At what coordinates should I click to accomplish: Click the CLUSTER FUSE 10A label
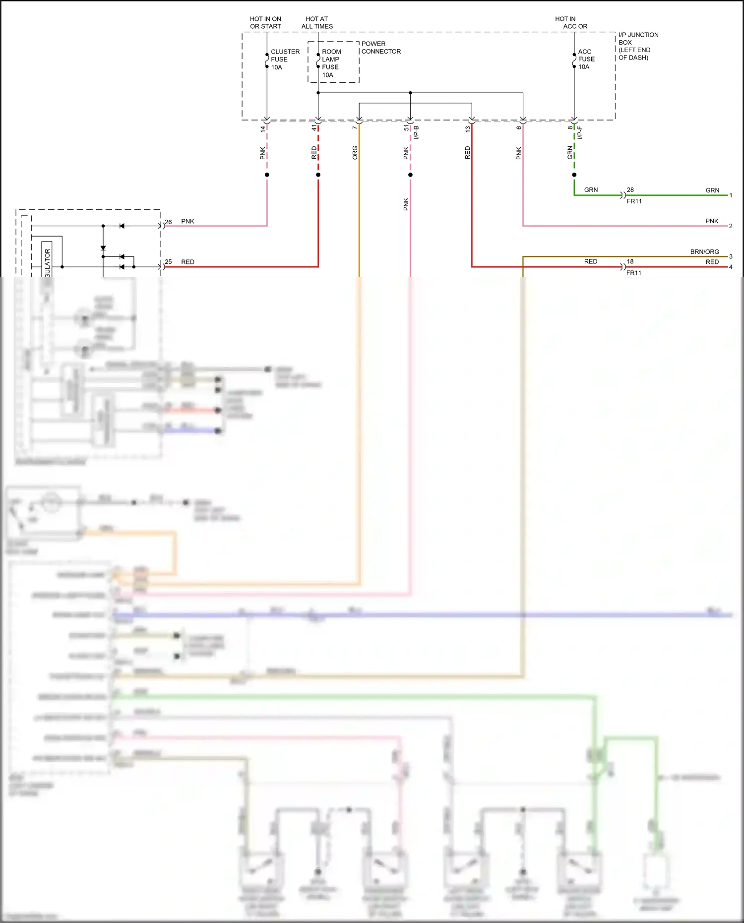tap(285, 59)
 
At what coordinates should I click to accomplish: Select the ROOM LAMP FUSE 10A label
tap(331, 63)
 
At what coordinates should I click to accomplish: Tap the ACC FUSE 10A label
tap(586, 59)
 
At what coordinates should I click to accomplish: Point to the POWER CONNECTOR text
tap(380, 48)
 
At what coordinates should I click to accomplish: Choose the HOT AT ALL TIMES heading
tap(317, 23)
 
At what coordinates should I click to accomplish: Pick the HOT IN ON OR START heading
tap(265, 23)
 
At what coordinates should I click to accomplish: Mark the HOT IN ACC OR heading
tap(574, 23)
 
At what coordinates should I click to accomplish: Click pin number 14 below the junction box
tap(263, 129)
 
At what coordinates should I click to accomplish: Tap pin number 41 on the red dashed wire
tap(314, 128)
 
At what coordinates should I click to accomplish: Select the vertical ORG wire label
tap(355, 153)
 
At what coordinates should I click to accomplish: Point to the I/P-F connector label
tap(580, 132)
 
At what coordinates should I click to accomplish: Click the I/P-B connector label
tap(417, 132)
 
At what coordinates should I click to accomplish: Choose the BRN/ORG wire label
tap(704, 252)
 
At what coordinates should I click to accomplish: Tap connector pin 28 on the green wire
tap(630, 190)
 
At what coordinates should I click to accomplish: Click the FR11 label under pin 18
tap(633, 273)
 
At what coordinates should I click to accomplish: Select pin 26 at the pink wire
tap(168, 222)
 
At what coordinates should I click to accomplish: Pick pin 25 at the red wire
tap(168, 262)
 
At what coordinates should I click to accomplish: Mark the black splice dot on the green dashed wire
tap(574, 175)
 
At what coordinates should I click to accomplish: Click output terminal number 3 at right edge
tap(731, 256)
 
